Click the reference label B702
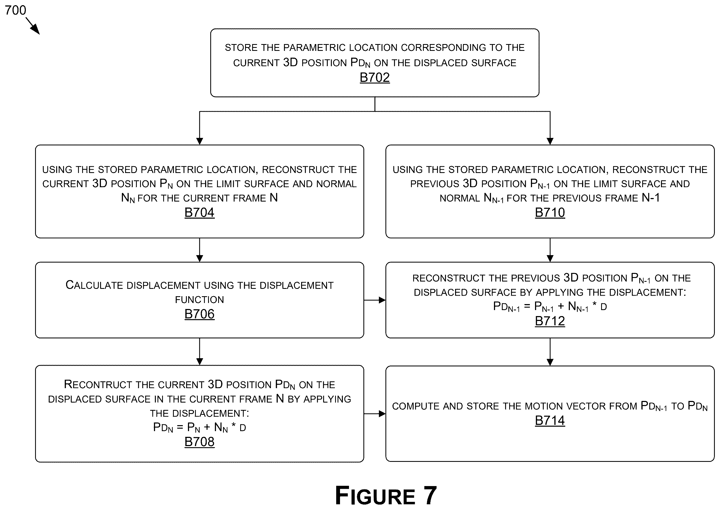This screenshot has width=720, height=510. (x=375, y=78)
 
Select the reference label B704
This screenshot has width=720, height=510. (x=199, y=213)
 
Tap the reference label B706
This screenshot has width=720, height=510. (x=199, y=314)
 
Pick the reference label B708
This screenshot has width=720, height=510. (x=199, y=442)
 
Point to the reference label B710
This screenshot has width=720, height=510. (x=550, y=213)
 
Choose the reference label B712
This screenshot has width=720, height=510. (x=550, y=321)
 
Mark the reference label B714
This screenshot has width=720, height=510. (x=550, y=421)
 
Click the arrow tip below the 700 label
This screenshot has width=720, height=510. (x=39, y=34)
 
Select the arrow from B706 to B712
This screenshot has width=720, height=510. (x=375, y=300)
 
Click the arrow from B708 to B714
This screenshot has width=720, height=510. (x=375, y=414)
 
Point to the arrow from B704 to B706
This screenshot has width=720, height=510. (x=199, y=250)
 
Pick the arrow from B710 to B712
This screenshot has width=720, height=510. (x=550, y=250)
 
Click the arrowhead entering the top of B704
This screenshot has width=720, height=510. (x=199, y=141)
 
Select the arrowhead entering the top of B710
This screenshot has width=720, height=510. (x=550, y=141)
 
